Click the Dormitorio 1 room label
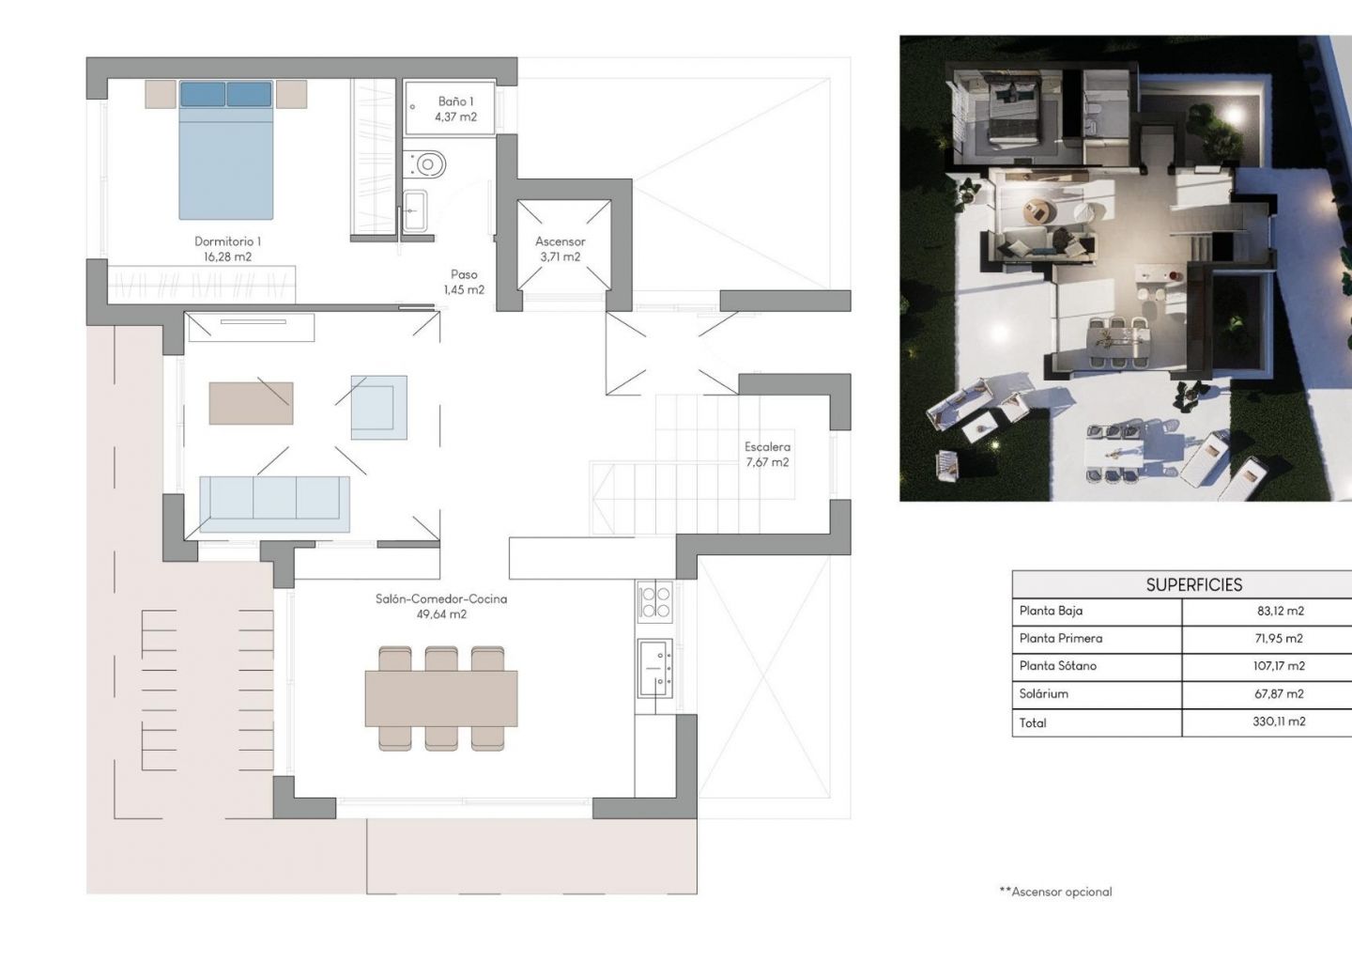coord(227,249)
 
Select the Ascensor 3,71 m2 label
coord(561,249)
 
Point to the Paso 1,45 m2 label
coord(464,282)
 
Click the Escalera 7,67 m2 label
coord(767,454)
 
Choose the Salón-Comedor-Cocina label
coord(441,599)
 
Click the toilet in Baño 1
coord(425,163)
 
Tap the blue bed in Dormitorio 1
coord(225,149)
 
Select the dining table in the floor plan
coord(441,698)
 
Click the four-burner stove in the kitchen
coord(655,601)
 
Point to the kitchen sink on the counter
coord(655,668)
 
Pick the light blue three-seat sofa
coord(274,504)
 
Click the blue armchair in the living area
coord(379,408)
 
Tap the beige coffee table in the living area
coord(251,403)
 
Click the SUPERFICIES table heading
coord(1194,584)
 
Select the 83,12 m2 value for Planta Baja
coord(1281,611)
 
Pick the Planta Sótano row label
coord(1058,665)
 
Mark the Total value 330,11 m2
coord(1279,721)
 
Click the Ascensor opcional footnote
coord(1055,892)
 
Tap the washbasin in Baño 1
coord(415,210)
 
